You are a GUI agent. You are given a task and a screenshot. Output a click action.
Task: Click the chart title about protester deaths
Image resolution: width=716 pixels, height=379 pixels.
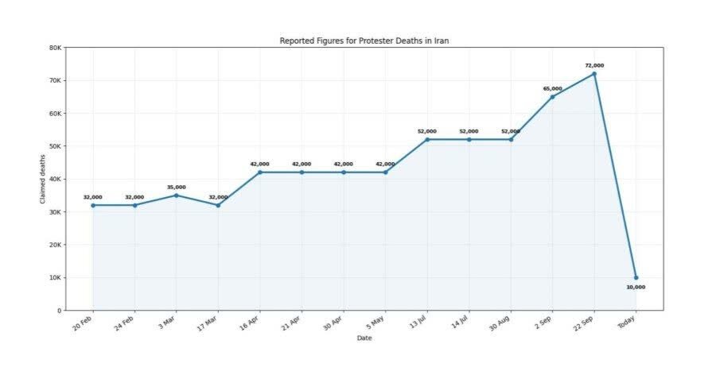click(364, 41)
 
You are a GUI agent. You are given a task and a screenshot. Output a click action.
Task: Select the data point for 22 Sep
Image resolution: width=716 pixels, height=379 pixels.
click(594, 73)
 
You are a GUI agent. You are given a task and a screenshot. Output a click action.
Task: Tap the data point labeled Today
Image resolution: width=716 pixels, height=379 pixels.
click(636, 277)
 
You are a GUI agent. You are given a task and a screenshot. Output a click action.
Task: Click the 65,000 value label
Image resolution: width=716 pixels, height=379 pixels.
click(553, 88)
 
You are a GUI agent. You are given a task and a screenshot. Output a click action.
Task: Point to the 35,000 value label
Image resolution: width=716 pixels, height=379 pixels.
click(177, 187)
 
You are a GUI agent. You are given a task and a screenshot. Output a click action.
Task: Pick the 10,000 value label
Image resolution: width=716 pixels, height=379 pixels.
click(636, 287)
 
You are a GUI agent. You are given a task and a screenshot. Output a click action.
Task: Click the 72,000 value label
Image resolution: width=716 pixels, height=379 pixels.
click(594, 65)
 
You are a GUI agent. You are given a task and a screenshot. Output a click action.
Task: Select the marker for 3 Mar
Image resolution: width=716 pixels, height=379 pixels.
click(177, 195)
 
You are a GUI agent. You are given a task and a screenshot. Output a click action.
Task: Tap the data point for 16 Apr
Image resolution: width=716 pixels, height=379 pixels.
click(260, 172)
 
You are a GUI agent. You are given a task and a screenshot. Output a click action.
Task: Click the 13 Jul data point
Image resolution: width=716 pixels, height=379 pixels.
click(427, 140)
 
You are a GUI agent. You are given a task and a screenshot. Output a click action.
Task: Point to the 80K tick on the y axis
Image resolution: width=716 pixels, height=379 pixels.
click(55, 48)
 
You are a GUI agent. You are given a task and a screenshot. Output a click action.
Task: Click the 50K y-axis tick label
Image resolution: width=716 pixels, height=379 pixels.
click(55, 146)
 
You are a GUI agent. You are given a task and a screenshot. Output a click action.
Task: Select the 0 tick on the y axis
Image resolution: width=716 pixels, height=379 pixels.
click(60, 311)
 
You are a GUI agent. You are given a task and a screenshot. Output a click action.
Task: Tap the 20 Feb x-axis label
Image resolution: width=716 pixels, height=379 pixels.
click(83, 323)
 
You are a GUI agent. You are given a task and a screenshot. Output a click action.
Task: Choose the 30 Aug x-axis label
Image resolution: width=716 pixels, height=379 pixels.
click(500, 323)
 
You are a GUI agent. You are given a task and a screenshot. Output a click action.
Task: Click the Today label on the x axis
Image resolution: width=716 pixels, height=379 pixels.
click(627, 322)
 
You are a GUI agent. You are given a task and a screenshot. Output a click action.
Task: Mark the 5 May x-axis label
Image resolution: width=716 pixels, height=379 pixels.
click(376, 322)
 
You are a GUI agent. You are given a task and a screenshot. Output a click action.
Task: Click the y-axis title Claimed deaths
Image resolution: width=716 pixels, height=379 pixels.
click(42, 179)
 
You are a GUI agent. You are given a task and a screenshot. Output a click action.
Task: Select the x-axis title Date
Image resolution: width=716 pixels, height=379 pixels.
click(364, 338)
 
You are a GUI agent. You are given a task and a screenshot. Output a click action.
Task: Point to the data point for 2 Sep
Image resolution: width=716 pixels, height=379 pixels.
click(553, 97)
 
